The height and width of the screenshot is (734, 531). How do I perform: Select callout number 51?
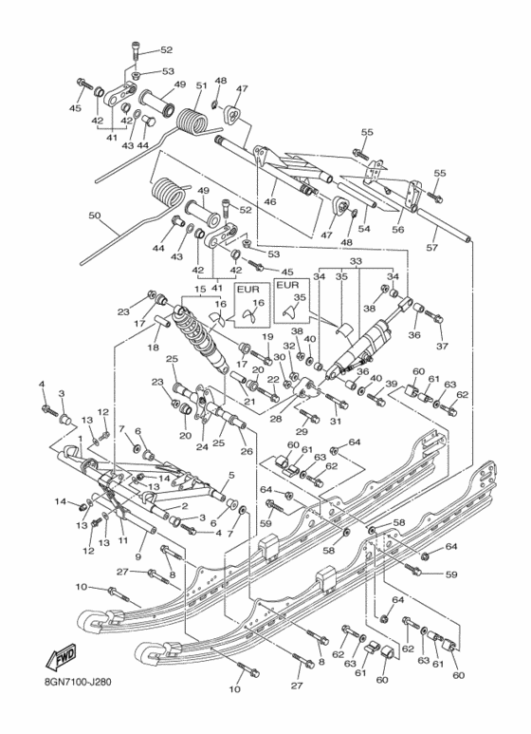click(201, 86)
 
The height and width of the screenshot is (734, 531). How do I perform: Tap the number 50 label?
click(94, 216)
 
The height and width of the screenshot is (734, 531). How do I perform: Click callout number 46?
click(269, 202)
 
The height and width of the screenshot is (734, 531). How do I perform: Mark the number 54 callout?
click(363, 229)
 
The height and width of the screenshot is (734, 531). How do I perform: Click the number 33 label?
click(357, 260)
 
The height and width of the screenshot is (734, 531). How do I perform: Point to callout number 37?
click(440, 347)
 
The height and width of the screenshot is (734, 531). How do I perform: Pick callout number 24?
click(201, 445)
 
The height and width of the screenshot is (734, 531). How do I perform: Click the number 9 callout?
click(138, 557)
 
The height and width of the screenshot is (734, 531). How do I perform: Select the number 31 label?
click(334, 422)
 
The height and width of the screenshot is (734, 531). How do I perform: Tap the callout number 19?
click(268, 337)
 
